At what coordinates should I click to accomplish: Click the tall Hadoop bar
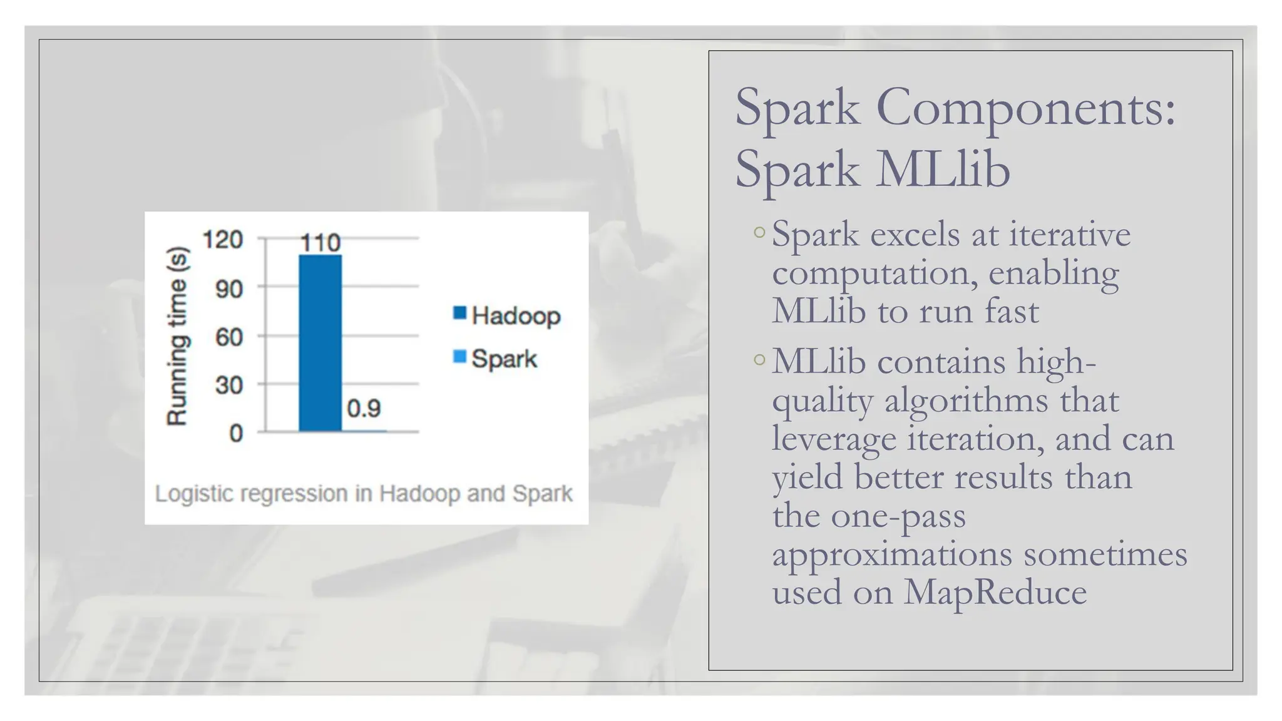click(x=320, y=343)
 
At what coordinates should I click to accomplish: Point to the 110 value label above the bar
click(x=320, y=243)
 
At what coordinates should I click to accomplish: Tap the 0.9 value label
click(x=364, y=409)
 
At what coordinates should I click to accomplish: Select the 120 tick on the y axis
click(x=222, y=239)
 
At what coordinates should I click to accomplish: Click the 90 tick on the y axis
click(x=228, y=289)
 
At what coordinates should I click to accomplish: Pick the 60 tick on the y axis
click(x=228, y=337)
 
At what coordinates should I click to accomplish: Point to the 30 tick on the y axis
click(x=228, y=385)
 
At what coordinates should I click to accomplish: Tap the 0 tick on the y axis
click(x=235, y=433)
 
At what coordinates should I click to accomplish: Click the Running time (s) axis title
click(x=177, y=336)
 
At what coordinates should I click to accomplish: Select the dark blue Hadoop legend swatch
click(x=459, y=313)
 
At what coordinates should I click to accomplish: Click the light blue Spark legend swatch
click(x=459, y=357)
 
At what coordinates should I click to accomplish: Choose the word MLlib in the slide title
click(x=943, y=169)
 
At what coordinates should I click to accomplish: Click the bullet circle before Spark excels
click(x=759, y=232)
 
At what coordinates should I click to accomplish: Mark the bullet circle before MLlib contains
click(x=759, y=360)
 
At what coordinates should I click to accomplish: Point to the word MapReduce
click(x=995, y=591)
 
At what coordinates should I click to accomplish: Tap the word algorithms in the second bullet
click(x=966, y=401)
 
